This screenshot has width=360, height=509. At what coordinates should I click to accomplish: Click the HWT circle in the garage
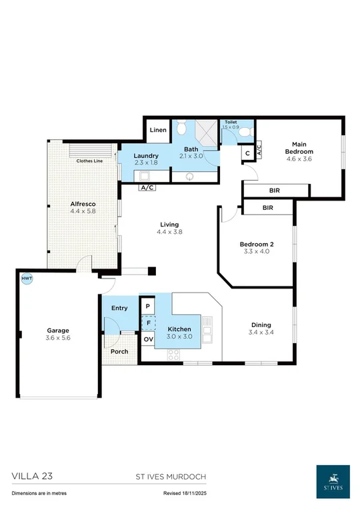27,278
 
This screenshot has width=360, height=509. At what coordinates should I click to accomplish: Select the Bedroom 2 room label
257,248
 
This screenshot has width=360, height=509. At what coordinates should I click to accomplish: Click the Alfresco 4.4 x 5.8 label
83,207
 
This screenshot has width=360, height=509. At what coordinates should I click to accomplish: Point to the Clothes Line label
89,161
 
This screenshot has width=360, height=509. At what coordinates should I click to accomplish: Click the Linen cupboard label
158,131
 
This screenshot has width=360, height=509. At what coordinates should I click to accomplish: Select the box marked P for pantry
147,306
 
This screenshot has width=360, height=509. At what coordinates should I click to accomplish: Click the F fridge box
147,323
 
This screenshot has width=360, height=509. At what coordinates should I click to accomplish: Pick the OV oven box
147,339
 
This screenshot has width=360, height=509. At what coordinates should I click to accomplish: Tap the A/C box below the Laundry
147,188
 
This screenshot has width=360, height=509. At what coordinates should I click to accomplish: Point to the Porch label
119,352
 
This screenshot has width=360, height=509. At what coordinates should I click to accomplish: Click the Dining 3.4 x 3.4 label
260,329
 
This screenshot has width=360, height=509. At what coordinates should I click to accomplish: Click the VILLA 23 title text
32,476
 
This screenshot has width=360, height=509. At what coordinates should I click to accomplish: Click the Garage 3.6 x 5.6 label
58,334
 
